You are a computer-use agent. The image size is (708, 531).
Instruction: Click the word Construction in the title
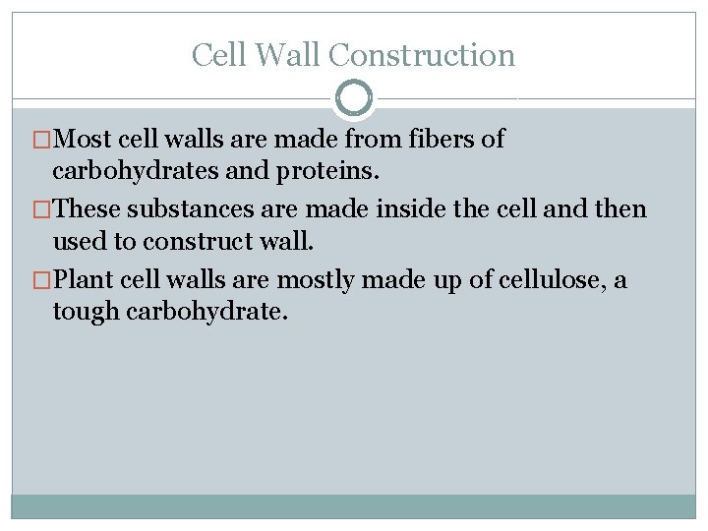(x=422, y=55)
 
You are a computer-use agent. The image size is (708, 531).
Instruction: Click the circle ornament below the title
(x=354, y=98)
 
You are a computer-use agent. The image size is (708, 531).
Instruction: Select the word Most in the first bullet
(x=82, y=139)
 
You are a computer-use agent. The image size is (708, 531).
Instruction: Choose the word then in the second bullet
(x=621, y=208)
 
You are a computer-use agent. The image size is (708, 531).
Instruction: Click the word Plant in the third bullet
(x=82, y=279)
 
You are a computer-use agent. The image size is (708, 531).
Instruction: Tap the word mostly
(x=317, y=279)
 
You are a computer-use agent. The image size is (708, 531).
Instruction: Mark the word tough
(x=82, y=314)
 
